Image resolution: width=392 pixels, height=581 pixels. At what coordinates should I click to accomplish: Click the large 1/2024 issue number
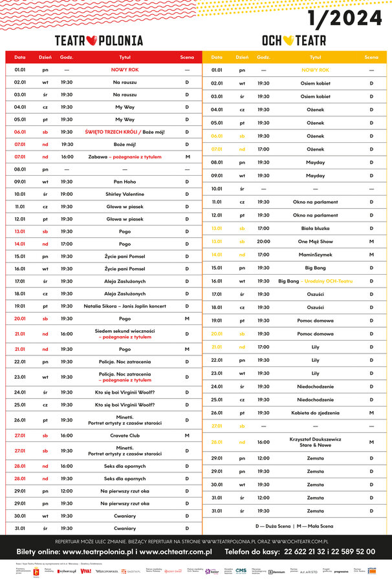345,19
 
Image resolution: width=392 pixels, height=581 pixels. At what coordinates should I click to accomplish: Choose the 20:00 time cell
263,241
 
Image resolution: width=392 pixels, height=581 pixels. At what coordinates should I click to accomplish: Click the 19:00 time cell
67,194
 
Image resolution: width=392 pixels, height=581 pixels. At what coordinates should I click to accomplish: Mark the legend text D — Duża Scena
273,526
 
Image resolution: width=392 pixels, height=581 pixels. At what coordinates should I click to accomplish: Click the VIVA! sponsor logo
85,571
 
